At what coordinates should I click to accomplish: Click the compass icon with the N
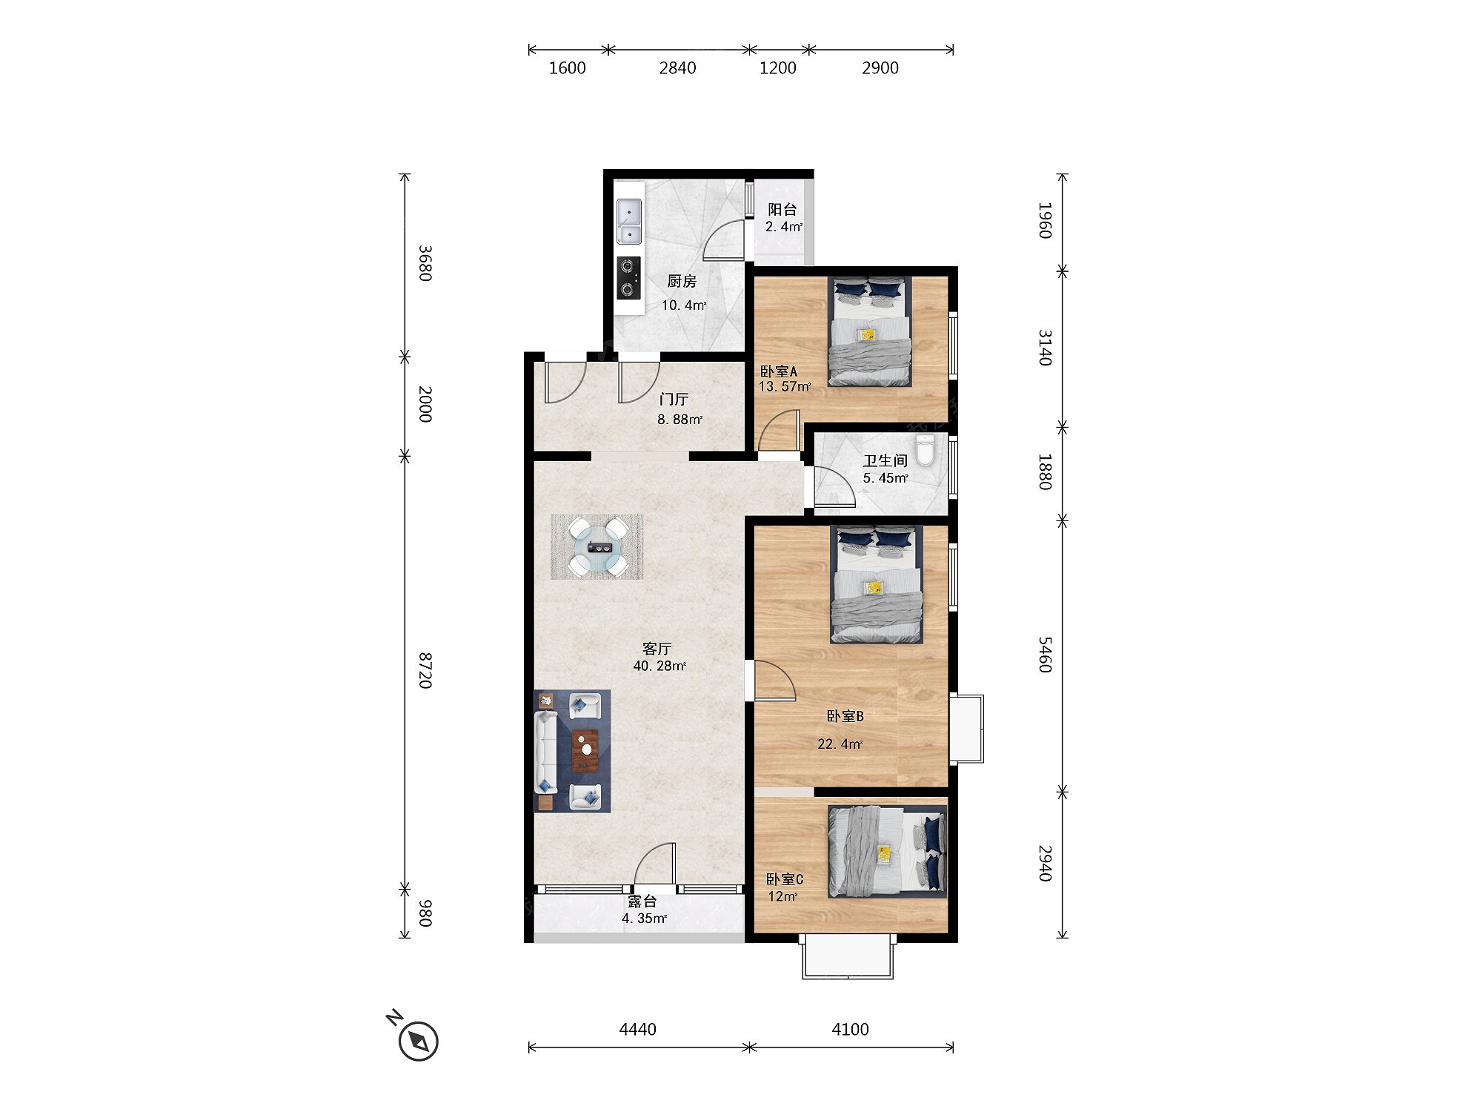coord(418,1040)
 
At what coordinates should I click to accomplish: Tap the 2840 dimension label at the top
coord(677,68)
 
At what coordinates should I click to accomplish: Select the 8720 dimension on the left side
coord(425,671)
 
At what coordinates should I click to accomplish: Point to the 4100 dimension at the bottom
coord(850,1029)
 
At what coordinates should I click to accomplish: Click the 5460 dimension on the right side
coord(1045,655)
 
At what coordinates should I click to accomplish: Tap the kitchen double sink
coord(629,222)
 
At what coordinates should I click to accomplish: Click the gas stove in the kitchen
coord(629,278)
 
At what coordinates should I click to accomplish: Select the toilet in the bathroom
coord(926,450)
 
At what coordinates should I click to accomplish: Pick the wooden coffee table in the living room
coord(585,751)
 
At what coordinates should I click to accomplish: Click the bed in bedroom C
coord(888,852)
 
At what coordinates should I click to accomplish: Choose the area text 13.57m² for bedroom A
coord(785,386)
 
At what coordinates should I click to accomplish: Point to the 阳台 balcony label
coord(782,210)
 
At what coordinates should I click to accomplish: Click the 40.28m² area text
coord(659,666)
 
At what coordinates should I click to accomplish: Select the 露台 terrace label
coord(642,901)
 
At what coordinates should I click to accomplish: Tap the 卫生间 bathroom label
coord(885,461)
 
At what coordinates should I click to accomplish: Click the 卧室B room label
coord(845,716)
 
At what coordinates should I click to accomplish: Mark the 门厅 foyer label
coord(674,400)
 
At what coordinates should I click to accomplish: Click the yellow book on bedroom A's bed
coord(867,335)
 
